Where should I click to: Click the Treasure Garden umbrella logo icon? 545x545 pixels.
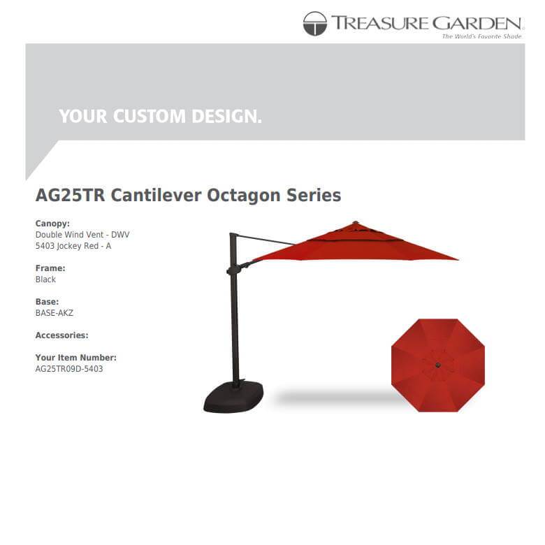click(314, 24)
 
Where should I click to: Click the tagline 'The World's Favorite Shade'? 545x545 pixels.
click(481, 36)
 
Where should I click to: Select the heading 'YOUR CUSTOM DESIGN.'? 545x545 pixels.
click(160, 117)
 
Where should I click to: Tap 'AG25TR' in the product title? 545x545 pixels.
click(70, 195)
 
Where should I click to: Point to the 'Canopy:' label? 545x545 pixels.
click(52, 224)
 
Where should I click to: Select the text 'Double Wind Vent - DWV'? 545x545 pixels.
click(82, 235)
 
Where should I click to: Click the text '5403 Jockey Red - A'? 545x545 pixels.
click(73, 246)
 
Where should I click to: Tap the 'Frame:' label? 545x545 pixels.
click(50, 268)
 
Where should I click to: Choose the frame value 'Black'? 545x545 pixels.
click(45, 279)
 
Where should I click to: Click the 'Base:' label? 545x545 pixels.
click(47, 302)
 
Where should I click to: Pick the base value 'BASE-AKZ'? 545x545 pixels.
click(54, 313)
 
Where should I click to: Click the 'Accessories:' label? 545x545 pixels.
click(61, 335)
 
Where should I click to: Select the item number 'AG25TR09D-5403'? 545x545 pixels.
click(69, 369)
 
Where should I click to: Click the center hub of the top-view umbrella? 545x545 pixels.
click(438, 365)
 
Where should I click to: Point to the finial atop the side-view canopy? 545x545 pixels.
click(355, 223)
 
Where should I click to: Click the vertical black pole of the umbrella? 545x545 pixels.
click(235, 314)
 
